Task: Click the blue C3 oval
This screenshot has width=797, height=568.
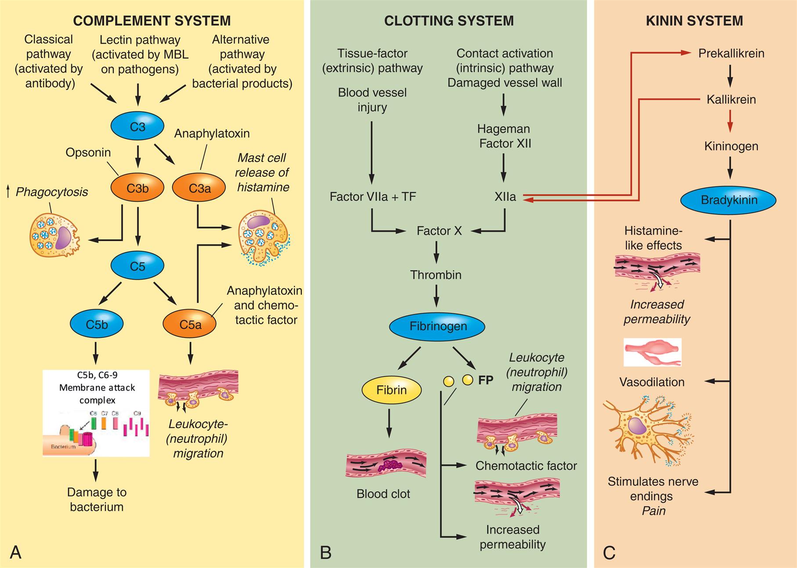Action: tap(137, 127)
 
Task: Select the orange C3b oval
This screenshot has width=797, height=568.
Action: tap(137, 188)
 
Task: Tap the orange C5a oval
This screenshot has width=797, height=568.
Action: tap(190, 324)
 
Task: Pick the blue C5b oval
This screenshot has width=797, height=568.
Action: tap(97, 324)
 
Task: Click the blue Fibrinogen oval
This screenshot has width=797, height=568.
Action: tap(438, 326)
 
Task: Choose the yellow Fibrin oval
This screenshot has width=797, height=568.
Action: tap(391, 390)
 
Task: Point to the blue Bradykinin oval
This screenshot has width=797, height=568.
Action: tap(728, 200)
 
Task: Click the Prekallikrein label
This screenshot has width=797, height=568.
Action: tap(731, 54)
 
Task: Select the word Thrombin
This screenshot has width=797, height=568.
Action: tap(436, 275)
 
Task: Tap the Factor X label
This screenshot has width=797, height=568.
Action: tap(439, 231)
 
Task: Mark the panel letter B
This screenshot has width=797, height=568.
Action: tap(325, 552)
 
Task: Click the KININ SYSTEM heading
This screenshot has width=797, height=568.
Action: tap(694, 21)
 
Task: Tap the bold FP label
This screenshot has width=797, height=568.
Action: tap(486, 380)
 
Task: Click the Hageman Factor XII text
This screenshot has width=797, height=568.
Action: tap(505, 136)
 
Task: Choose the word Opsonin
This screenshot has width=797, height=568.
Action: tap(88, 152)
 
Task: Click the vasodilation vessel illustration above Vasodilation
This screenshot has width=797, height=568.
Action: tap(652, 352)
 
